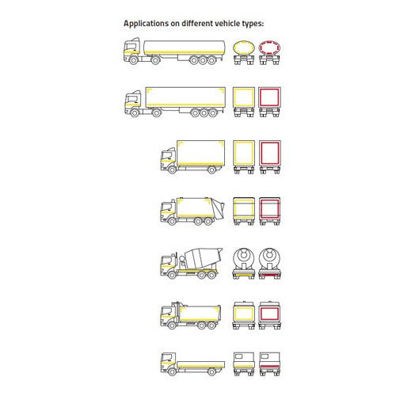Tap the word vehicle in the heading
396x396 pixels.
pos(227,23)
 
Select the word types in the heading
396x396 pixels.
pos(253,24)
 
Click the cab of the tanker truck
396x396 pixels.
pos(131,49)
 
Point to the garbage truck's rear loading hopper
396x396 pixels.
pos(218,208)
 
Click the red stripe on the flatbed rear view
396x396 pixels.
pos(269,366)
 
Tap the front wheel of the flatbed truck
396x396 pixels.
pos(172,371)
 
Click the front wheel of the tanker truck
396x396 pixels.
pos(134,60)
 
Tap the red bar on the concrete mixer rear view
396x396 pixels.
pos(269,276)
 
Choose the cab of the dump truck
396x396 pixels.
pos(168,315)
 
